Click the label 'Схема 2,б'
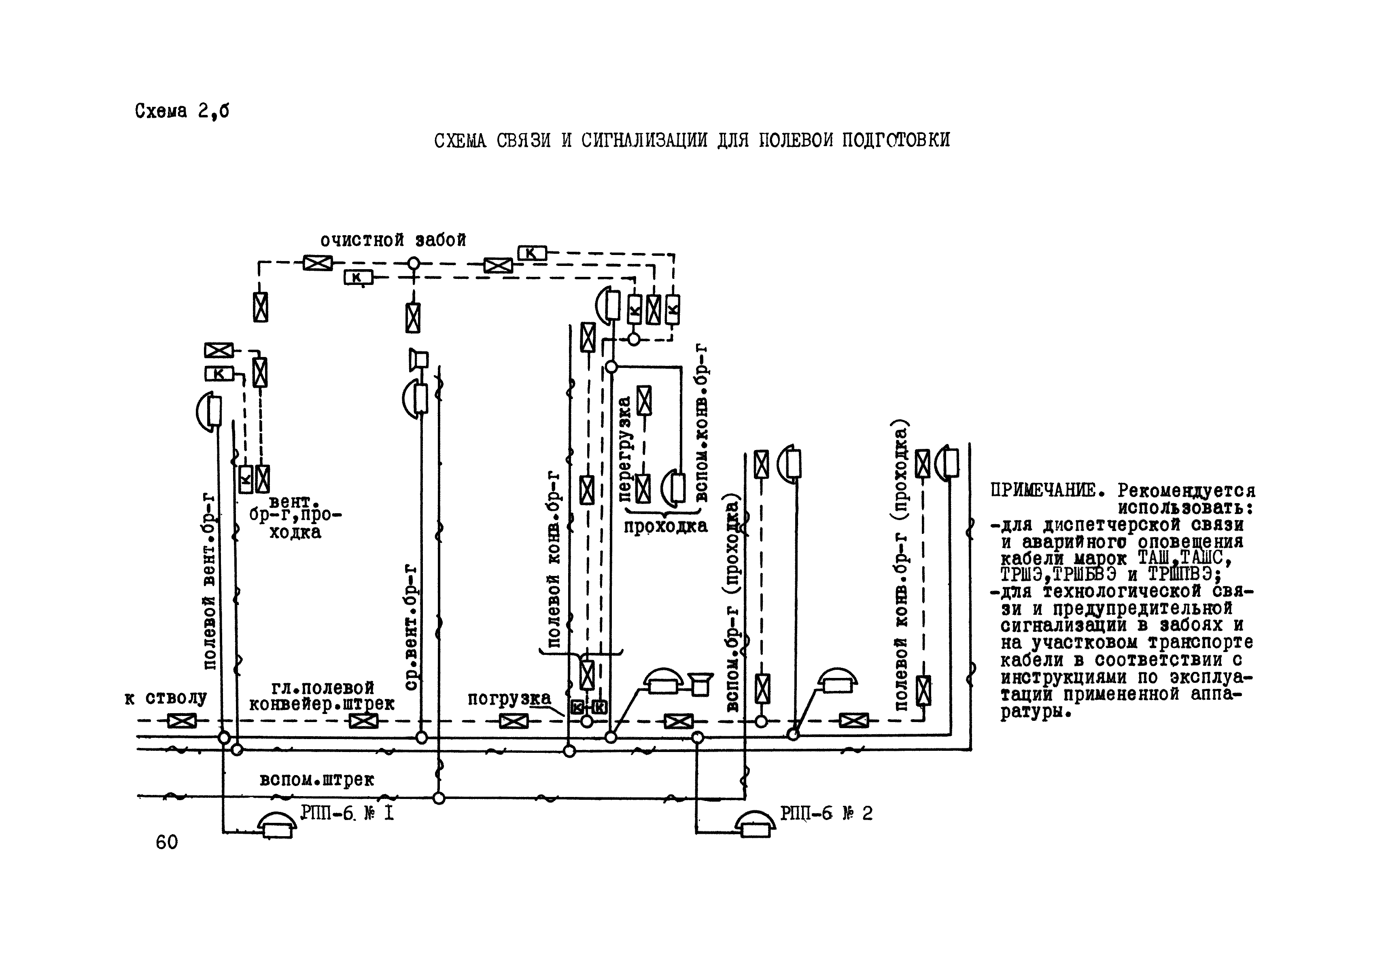tap(181, 111)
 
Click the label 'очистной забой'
tap(393, 240)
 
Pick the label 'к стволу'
tap(166, 699)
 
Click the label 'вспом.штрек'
tap(317, 780)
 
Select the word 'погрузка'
tap(509, 699)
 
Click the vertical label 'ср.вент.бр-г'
tap(410, 627)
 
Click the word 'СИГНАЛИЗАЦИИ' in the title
tap(643, 140)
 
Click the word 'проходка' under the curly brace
tap(665, 527)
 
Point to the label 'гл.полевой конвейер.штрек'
tap(322, 695)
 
